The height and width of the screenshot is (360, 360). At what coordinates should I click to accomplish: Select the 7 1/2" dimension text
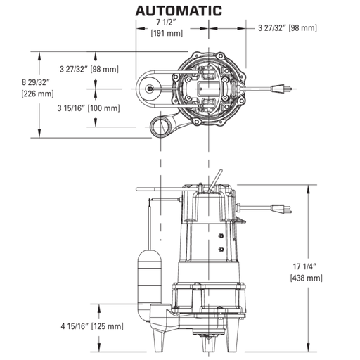tap(165, 22)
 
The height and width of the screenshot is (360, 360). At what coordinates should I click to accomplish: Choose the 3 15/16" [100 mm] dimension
tap(88, 108)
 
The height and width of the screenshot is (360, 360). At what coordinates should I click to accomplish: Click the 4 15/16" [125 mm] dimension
tap(89, 326)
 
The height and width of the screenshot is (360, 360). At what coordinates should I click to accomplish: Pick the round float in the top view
tap(150, 89)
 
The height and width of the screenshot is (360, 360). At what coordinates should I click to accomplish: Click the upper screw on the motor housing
tap(221, 236)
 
